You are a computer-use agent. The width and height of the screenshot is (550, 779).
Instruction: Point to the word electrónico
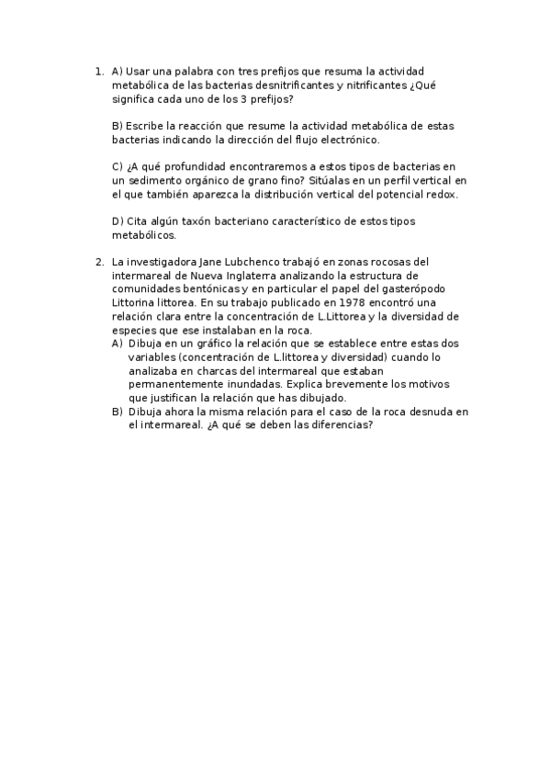(x=346, y=140)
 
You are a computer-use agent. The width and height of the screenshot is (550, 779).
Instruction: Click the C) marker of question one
(x=118, y=166)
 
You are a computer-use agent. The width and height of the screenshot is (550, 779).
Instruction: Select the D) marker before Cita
(x=118, y=221)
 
